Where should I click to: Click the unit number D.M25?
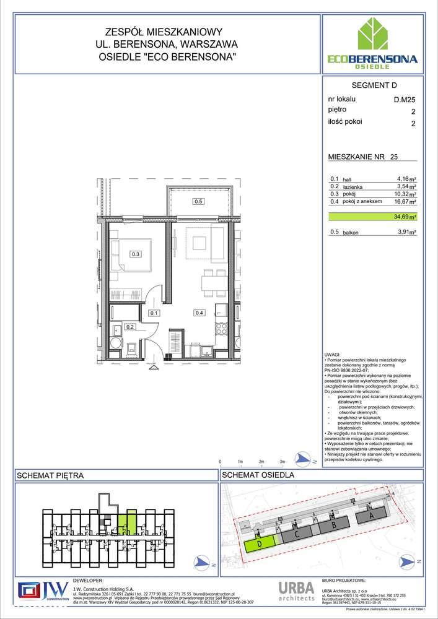click(405, 99)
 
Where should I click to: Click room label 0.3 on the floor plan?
click(135, 254)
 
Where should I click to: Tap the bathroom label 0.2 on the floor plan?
click(130, 327)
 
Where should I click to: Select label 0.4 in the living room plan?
click(199, 313)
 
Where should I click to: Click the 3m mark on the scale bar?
click(282, 462)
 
